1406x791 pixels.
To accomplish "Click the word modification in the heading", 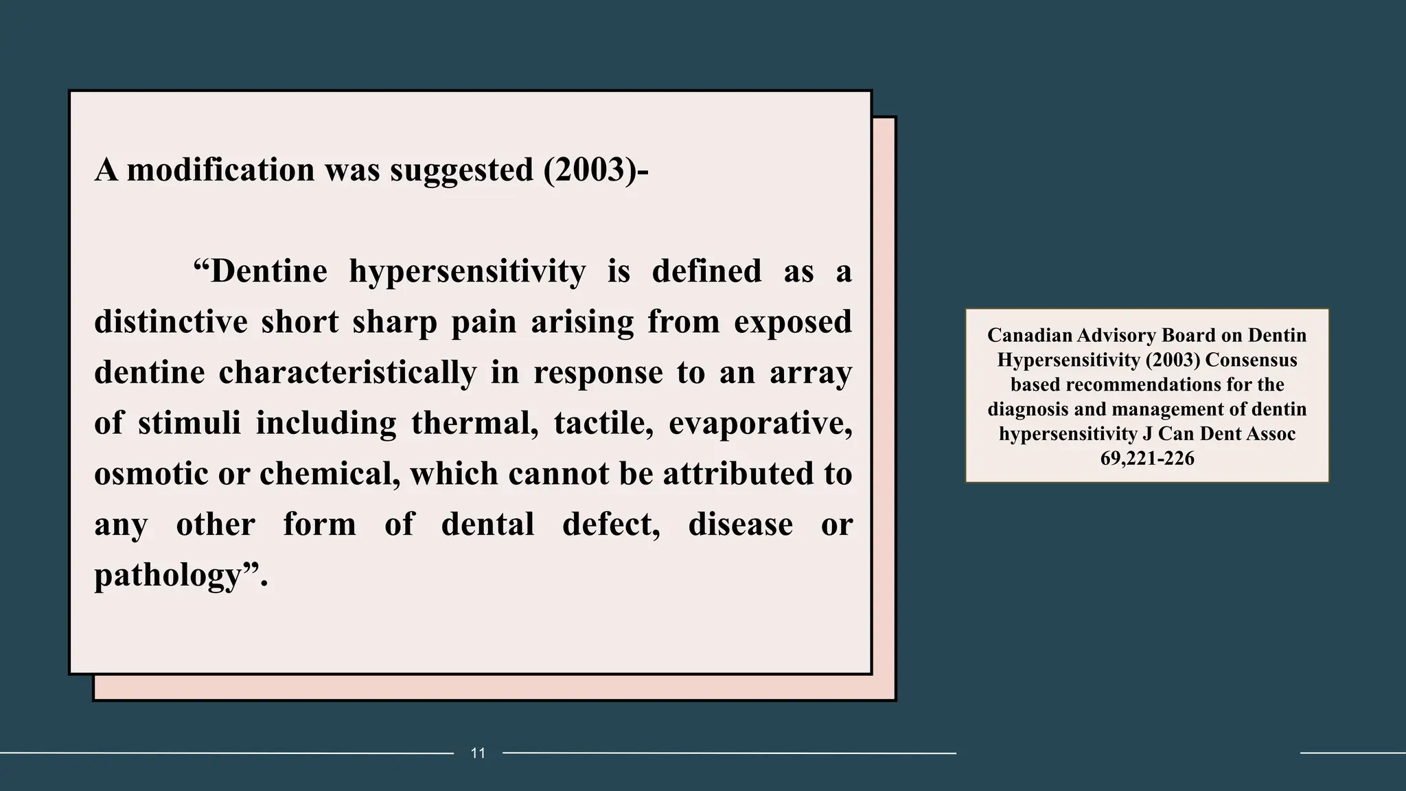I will click(x=220, y=170).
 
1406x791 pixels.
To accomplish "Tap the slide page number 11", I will click(x=478, y=753).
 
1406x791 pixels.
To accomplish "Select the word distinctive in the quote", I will click(x=170, y=321).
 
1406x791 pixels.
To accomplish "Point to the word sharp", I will click(x=395, y=321).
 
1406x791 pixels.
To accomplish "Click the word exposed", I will click(x=793, y=321).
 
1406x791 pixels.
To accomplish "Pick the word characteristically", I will click(x=347, y=372).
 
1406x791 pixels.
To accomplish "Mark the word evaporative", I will click(x=760, y=423).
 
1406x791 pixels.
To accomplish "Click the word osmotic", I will click(x=151, y=474).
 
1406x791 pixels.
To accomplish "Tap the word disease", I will click(x=740, y=525).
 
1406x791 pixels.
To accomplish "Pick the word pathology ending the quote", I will click(x=169, y=575).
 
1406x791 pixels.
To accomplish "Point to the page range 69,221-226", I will click(x=1147, y=458).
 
